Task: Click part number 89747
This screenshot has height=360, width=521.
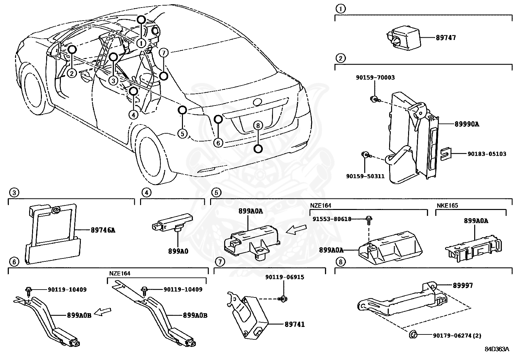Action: [x=445, y=37]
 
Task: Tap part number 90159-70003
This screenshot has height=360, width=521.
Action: [x=375, y=78]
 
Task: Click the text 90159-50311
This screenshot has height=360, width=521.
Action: [x=365, y=176]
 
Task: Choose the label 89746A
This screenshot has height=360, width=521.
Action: [x=103, y=230]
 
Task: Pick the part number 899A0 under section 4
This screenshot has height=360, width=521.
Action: [x=178, y=252]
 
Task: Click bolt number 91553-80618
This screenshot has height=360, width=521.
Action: [x=332, y=219]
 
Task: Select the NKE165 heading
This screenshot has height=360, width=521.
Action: [x=447, y=206]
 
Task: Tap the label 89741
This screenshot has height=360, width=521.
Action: [x=295, y=324]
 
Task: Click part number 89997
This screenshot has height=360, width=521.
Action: [x=463, y=285]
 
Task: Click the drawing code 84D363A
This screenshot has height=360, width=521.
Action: [x=497, y=349]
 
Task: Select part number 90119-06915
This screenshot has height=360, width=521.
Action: [x=284, y=277]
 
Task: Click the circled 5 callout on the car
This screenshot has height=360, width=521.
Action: [x=182, y=133]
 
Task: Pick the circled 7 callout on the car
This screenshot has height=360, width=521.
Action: [x=164, y=52]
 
